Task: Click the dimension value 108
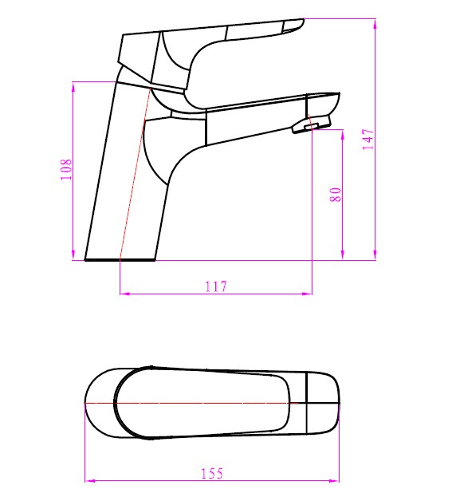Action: tap(66, 168)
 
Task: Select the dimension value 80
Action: tap(336, 194)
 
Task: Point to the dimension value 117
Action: tap(215, 286)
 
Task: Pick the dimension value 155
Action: tap(212, 473)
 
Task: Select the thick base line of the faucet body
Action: tap(120, 260)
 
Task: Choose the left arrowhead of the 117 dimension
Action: tap(123, 294)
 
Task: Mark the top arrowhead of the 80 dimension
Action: tap(344, 130)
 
